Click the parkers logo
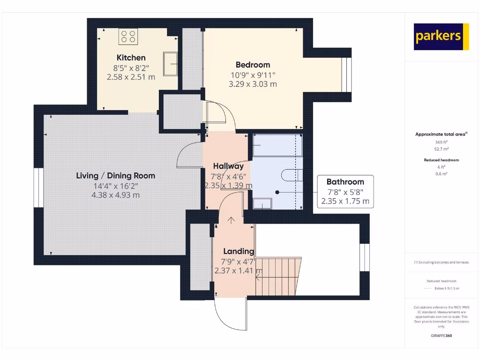coord(441,37)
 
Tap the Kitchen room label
coord(131,58)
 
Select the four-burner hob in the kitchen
coord(127,37)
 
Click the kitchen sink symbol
coord(170,64)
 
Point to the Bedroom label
coord(253,65)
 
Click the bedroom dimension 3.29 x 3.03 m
coord(253,84)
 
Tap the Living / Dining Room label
coord(115,176)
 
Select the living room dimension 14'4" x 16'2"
coord(115,186)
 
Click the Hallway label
coord(228,166)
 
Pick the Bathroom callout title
coord(345,182)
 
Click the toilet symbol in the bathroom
coord(291,175)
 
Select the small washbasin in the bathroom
coord(262,203)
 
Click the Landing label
coord(238,251)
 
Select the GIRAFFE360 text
coord(441,336)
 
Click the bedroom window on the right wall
coord(346,75)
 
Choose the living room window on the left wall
coord(38,186)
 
